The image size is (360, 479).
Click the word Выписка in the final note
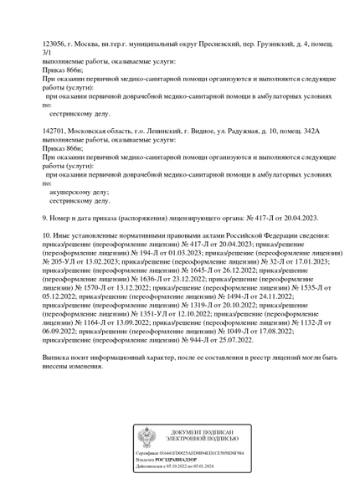click(59, 358)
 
